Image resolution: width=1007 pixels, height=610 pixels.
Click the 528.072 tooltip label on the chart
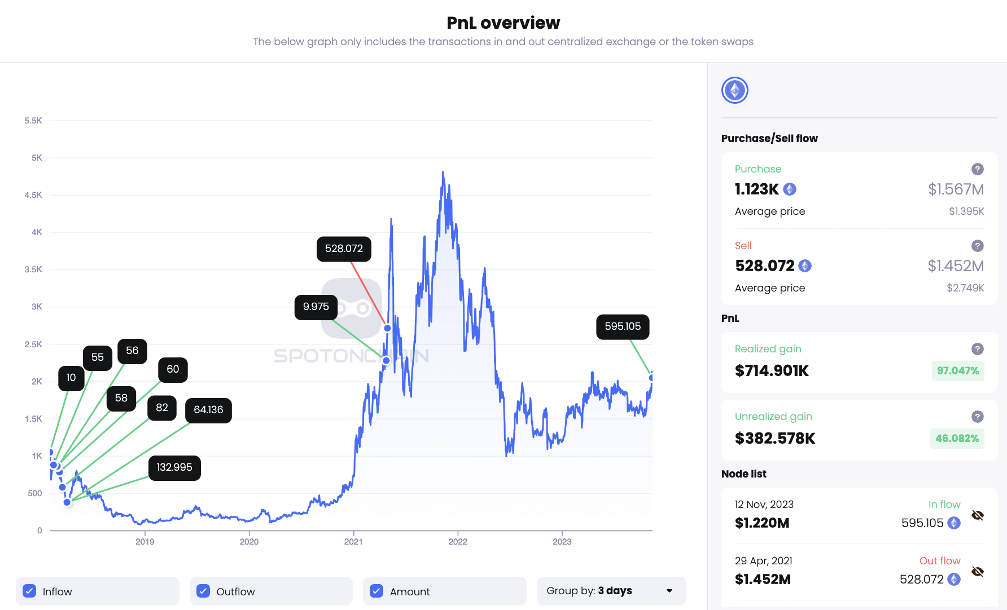(x=344, y=249)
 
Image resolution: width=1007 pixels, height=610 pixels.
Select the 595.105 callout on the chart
(x=623, y=326)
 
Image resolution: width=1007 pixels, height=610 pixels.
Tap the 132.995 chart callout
(x=174, y=467)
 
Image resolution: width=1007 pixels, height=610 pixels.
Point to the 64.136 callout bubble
(x=208, y=410)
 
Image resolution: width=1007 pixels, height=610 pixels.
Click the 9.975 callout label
(x=316, y=307)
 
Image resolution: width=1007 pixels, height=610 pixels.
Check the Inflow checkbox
(x=29, y=591)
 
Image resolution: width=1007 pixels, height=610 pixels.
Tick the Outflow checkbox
(x=203, y=591)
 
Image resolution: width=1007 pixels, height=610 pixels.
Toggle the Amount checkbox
(x=376, y=591)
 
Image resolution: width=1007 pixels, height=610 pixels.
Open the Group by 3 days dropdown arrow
(x=669, y=591)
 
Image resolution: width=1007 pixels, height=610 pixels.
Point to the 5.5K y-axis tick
(x=33, y=121)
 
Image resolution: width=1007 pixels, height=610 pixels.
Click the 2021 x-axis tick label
(x=353, y=542)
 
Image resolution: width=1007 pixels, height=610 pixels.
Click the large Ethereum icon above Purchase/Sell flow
(x=735, y=90)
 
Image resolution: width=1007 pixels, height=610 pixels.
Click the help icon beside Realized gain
(x=978, y=349)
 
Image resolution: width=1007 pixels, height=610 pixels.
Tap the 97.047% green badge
(x=957, y=370)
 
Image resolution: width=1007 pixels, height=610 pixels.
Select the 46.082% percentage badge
(x=957, y=438)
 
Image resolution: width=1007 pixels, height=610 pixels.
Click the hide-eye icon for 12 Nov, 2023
(x=978, y=515)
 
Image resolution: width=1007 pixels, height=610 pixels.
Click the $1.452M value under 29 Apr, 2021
(x=763, y=580)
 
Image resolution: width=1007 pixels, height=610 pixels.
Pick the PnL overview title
(x=503, y=23)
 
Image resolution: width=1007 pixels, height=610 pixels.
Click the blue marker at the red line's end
(x=387, y=328)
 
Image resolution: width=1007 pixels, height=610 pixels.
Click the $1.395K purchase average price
(x=966, y=211)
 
